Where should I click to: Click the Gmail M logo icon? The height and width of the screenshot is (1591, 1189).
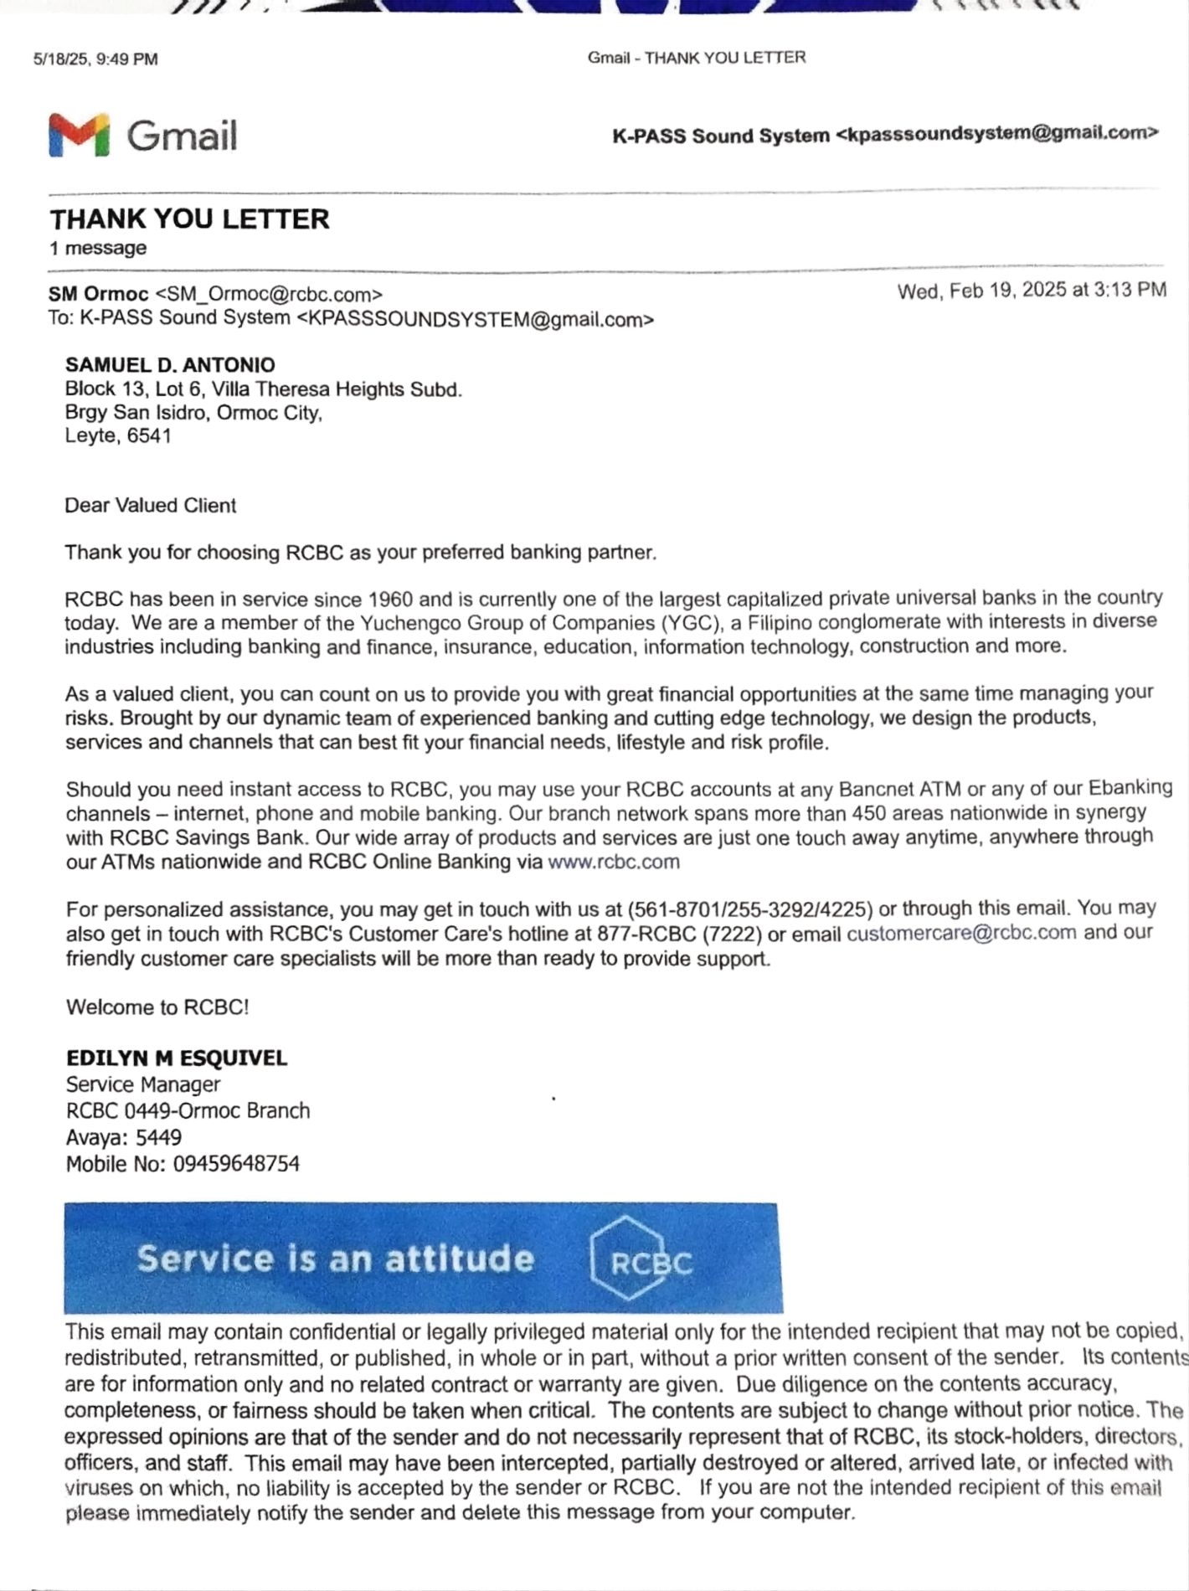(x=79, y=135)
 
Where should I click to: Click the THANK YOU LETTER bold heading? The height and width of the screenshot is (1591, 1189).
(x=189, y=219)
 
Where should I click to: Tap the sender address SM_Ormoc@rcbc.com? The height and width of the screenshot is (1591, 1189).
(x=269, y=295)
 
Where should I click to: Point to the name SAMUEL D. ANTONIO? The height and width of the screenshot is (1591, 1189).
(x=170, y=365)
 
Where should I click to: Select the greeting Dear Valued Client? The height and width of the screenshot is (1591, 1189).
(x=151, y=506)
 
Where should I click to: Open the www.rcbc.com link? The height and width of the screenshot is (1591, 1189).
(x=613, y=862)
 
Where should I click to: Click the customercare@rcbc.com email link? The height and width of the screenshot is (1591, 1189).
(x=961, y=933)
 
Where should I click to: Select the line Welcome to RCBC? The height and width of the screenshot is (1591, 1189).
(x=157, y=1007)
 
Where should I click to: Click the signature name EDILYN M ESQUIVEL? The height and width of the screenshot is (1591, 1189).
(x=177, y=1058)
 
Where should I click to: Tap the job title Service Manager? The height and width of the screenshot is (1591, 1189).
(x=143, y=1084)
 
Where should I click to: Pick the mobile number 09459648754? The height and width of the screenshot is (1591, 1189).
(x=236, y=1163)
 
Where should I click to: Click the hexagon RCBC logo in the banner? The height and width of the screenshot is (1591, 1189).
(x=641, y=1259)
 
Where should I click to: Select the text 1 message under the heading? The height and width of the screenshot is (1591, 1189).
(x=98, y=248)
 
